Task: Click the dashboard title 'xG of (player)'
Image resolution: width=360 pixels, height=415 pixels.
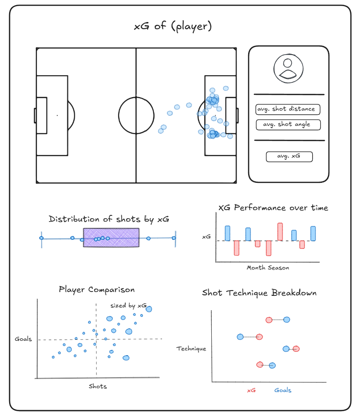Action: (x=173, y=26)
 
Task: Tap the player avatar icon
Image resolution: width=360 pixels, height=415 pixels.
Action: (x=288, y=68)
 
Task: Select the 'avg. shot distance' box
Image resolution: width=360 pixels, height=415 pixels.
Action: (x=288, y=109)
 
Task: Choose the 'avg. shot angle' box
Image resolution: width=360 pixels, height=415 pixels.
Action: (x=288, y=124)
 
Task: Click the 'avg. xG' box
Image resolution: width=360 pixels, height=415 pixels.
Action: (x=289, y=157)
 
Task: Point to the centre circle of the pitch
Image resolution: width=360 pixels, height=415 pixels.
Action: (x=119, y=115)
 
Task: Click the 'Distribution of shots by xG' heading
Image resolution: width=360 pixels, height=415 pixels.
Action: (x=109, y=219)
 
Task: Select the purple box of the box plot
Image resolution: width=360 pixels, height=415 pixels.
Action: (x=111, y=237)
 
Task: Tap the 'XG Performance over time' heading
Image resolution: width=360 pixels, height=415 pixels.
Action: (x=273, y=208)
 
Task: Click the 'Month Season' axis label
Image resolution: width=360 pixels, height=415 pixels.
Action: (x=268, y=268)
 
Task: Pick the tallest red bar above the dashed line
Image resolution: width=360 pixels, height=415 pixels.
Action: (x=280, y=232)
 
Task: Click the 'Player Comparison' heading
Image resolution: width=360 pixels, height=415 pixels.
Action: (x=97, y=290)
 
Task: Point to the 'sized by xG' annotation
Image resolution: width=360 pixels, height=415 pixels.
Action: (x=129, y=306)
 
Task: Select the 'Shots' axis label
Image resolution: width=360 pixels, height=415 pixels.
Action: (x=98, y=386)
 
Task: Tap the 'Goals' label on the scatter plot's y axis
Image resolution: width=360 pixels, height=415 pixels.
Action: (x=23, y=339)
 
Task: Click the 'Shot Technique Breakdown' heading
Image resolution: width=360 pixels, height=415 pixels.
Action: (x=259, y=293)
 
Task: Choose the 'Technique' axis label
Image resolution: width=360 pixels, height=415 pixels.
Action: (x=191, y=349)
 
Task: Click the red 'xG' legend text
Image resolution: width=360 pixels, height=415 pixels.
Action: (x=251, y=391)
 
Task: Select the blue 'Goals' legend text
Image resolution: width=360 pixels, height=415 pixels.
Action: (x=283, y=390)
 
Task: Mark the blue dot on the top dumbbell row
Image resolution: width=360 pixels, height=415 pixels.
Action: (x=287, y=319)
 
